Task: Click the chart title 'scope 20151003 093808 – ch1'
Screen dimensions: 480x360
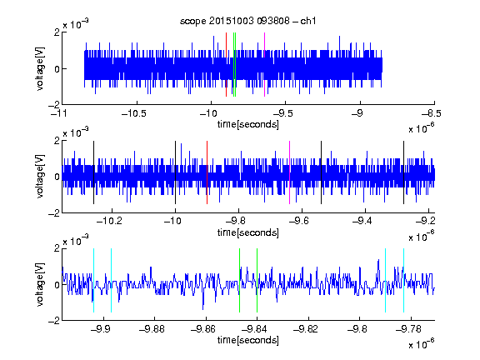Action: (247, 21)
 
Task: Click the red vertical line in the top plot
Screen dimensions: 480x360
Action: (226, 65)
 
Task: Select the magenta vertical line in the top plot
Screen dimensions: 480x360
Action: (264, 65)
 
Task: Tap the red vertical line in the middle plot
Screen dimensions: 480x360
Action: (207, 172)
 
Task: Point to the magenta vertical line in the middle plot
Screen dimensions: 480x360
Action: (290, 172)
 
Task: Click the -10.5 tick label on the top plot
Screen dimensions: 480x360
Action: (134, 114)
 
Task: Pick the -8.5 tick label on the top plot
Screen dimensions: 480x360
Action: (432, 114)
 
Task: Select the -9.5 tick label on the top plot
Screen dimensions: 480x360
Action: (282, 114)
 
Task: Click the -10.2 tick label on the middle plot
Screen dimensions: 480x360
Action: (109, 221)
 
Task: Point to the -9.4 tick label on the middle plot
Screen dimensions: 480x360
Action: (362, 221)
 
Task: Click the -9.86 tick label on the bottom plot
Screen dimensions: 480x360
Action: (203, 329)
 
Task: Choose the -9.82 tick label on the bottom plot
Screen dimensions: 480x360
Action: (306, 329)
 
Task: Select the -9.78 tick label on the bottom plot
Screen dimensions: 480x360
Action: (408, 329)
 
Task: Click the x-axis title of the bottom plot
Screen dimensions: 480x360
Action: (248, 340)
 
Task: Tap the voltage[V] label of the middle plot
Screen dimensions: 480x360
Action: (40, 177)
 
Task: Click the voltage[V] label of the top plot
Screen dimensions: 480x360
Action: (40, 68)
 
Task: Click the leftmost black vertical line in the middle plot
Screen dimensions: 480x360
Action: (93, 172)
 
